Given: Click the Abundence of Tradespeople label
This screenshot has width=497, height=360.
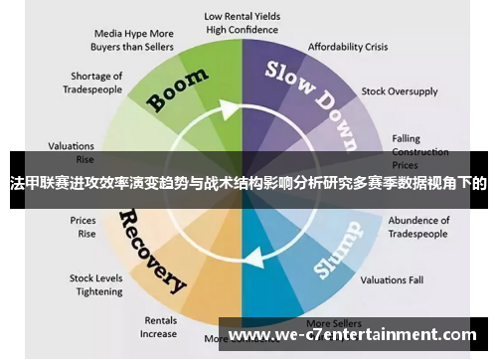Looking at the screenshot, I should tap(418, 226).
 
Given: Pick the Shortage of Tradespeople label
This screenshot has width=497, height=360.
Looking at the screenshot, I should tap(96, 83).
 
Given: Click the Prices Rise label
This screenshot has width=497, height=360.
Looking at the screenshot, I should tap(83, 227).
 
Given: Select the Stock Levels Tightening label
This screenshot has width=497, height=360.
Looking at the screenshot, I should tap(95, 284).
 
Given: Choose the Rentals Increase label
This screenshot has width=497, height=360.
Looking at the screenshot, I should tap(159, 327).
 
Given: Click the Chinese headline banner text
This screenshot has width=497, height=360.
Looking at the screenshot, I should tap(248, 183).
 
